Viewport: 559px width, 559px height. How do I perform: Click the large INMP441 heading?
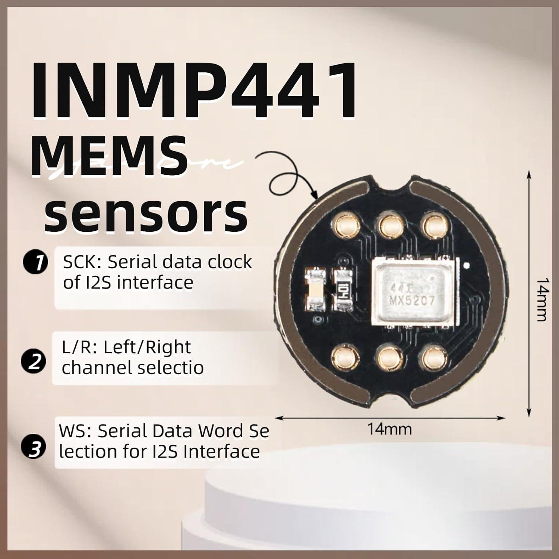pyautogui.click(x=194, y=91)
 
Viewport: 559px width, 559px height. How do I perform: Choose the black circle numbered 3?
pyautogui.click(x=35, y=448)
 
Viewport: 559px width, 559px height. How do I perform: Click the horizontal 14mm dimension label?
pyautogui.click(x=389, y=429)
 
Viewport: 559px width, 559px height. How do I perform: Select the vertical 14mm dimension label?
pyautogui.click(x=541, y=299)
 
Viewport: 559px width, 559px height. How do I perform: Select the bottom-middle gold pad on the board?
pyautogui.click(x=390, y=358)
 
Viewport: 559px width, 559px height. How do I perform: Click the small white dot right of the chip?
pyautogui.click(x=466, y=266)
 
